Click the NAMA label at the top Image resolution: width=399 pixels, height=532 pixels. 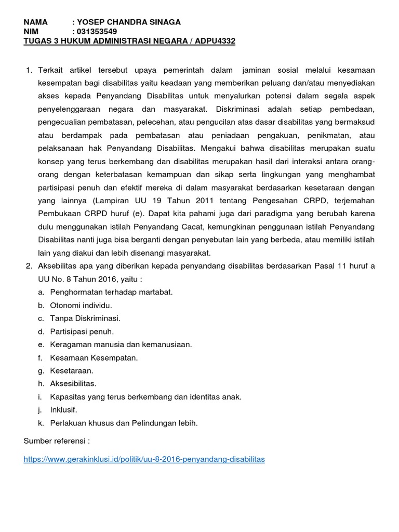[x=35, y=22]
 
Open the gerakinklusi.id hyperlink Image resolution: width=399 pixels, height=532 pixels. [x=144, y=459]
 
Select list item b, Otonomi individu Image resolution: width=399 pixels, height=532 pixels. [x=81, y=305]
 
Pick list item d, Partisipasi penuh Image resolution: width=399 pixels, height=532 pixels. [x=82, y=331]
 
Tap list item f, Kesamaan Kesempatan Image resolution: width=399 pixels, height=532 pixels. [x=94, y=357]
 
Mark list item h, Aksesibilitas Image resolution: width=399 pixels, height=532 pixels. [x=73, y=383]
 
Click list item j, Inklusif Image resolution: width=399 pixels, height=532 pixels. [x=63, y=409]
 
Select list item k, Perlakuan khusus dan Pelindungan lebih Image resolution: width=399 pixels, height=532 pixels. [x=124, y=422]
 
